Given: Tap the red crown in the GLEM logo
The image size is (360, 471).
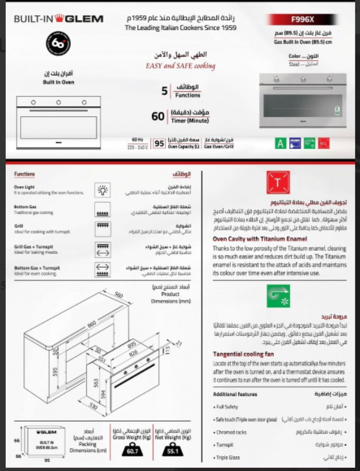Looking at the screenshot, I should tap(59, 18).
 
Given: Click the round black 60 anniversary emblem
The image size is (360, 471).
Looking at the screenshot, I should tap(58, 44).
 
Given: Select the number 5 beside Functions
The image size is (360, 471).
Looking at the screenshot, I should tap(165, 91).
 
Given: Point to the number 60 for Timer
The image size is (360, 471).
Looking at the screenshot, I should tap(158, 116).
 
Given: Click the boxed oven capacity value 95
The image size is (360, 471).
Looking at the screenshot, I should tap(159, 144).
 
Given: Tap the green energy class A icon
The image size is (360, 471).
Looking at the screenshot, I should tap(281, 143).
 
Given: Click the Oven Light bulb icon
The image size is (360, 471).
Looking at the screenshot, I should tap(102, 190).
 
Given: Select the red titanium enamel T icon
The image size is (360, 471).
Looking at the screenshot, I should tap(278, 183).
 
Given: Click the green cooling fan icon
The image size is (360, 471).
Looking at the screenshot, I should tap(278, 296).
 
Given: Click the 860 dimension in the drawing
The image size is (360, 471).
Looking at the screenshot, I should tap(92, 324).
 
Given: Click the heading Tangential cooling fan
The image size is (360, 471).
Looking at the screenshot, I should tap(243, 354).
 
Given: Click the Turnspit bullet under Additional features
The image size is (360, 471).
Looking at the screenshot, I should tap(224, 445).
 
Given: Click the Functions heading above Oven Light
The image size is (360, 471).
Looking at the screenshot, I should tap(24, 174).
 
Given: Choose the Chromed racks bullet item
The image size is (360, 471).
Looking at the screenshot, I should tap(231, 432).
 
